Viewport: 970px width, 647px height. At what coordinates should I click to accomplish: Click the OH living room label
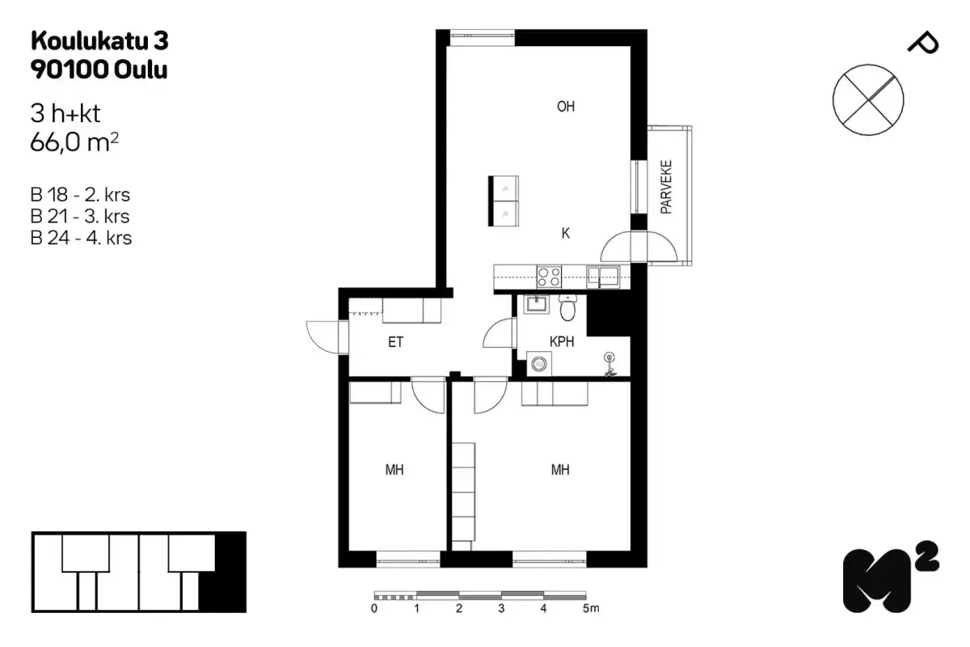(x=566, y=107)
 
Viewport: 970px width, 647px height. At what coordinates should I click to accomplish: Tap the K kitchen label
(x=566, y=234)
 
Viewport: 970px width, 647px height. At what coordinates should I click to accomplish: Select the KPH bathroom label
(x=562, y=342)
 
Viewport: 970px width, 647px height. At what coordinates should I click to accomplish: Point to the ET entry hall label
(x=395, y=342)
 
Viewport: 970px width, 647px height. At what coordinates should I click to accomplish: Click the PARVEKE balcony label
(x=667, y=187)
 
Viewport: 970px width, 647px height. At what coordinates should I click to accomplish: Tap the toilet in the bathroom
(x=568, y=307)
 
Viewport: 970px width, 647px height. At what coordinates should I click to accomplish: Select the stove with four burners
(x=550, y=277)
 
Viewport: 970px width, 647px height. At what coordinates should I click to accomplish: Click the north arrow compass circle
(x=867, y=99)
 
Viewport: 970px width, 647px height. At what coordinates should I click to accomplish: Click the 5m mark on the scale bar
(x=591, y=608)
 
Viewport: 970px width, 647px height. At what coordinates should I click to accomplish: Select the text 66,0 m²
(x=74, y=144)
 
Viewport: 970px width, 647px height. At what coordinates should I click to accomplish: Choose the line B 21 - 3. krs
(x=80, y=217)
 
